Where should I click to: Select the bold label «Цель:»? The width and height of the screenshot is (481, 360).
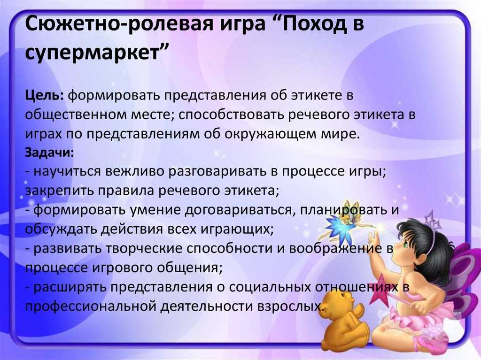pos(45,96)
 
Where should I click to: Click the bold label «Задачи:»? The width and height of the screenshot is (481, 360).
pos(49,153)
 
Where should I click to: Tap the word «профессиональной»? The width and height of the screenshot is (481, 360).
pos(91,306)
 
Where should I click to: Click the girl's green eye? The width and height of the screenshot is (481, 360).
pos(405,245)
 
